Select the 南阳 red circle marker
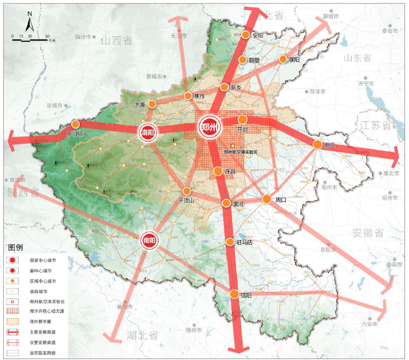pyautogui.click(x=149, y=241)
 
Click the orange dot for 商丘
pyautogui.click(x=317, y=144)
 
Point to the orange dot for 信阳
pyautogui.click(x=234, y=294)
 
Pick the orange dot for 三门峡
pyautogui.click(x=75, y=124)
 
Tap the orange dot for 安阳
pyautogui.click(x=246, y=35)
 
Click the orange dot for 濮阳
pyautogui.click(x=283, y=59)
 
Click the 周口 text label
pyautogui.click(x=280, y=200)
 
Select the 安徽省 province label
pyautogui.click(x=367, y=233)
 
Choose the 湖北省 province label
pyautogui.click(x=142, y=335)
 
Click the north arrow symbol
pyautogui.click(x=29, y=23)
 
